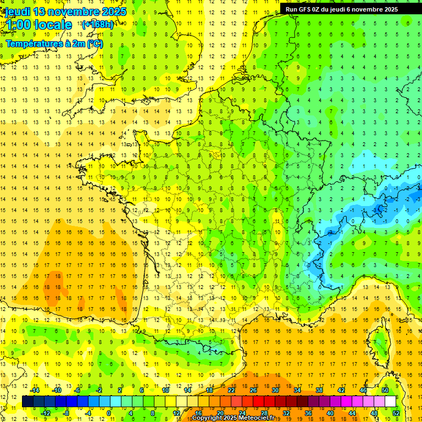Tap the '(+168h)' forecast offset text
[97, 24]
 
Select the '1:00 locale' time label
[38, 25]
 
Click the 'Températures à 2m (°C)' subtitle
[54, 43]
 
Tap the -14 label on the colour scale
[35, 390]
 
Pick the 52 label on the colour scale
[396, 413]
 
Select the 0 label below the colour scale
[109, 413]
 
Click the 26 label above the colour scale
[253, 390]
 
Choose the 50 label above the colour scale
[385, 390]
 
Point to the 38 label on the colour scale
[319, 390]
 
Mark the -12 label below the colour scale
[46, 413]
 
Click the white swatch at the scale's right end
[390, 402]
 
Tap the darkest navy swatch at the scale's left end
[27, 402]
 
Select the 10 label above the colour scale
[165, 390]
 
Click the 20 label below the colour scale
[220, 413]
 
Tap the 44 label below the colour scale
[352, 413]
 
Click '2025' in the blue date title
[113, 12]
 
